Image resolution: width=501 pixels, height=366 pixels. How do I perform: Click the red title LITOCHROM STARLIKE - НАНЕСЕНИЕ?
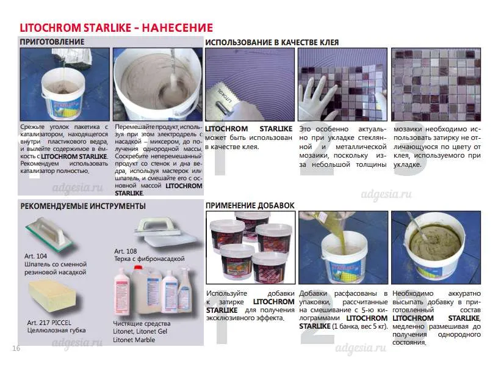[x=116, y=28]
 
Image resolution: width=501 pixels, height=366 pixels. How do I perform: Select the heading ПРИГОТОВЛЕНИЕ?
[x=52, y=42]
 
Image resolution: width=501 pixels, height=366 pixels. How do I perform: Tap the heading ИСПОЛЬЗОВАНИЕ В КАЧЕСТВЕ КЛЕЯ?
[x=272, y=43]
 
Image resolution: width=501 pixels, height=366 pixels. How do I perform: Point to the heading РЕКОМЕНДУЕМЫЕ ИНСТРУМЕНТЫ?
[x=83, y=206]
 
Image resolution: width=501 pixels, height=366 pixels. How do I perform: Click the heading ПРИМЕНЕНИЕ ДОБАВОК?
[x=250, y=205]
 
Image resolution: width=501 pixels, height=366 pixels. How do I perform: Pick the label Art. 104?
[x=35, y=256]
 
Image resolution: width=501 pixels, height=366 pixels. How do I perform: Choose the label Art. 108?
[x=126, y=251]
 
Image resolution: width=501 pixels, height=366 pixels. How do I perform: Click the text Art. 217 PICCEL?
[x=49, y=323]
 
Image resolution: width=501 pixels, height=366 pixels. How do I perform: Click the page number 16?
[x=16, y=348]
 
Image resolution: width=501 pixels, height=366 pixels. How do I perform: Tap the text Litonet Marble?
[x=134, y=340]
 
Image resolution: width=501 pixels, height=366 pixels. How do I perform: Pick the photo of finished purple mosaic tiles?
[x=436, y=84]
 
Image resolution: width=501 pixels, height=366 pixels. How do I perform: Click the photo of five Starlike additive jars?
[x=250, y=247]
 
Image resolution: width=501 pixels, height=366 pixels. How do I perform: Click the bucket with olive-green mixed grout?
[x=436, y=249]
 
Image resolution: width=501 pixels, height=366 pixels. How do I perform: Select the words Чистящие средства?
[x=142, y=323]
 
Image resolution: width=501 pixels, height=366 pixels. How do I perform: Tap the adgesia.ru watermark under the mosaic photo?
[x=386, y=194]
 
